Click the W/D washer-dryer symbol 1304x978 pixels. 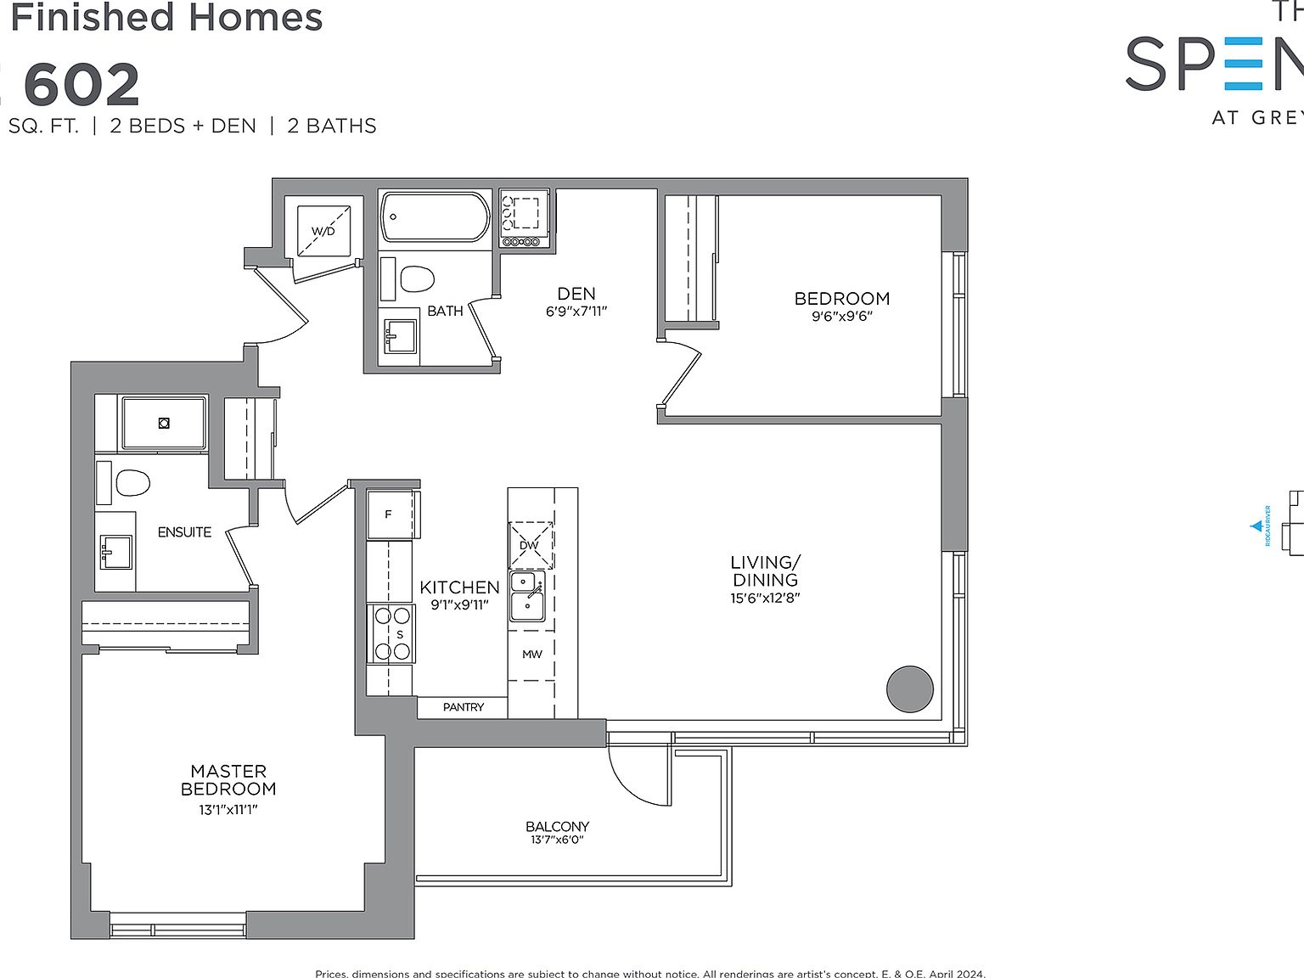(323, 230)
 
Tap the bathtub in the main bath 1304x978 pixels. (436, 217)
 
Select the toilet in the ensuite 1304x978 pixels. (132, 483)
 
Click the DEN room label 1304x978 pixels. (576, 294)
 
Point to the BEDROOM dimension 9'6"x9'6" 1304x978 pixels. (842, 317)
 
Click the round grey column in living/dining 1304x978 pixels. (910, 689)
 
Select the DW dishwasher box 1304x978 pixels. (531, 545)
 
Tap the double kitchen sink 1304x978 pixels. (527, 596)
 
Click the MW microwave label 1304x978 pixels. (532, 654)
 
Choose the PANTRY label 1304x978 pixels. (464, 707)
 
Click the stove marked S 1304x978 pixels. (391, 634)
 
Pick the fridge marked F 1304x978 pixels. (390, 514)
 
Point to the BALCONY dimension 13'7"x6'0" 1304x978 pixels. (557, 840)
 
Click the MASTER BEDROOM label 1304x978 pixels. (228, 780)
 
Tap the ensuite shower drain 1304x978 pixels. (164, 423)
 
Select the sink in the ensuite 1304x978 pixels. (115, 551)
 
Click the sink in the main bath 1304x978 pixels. (400, 335)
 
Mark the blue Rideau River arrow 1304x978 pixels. (1256, 526)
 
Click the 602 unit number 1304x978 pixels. (81, 85)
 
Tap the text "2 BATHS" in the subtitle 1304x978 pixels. (332, 126)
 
